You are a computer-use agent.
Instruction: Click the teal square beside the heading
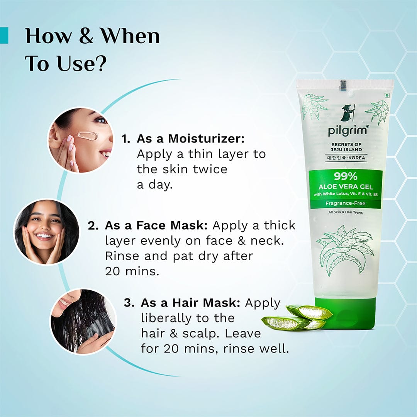4,36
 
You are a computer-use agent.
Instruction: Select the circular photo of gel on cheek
80,140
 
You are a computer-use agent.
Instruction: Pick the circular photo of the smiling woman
46,232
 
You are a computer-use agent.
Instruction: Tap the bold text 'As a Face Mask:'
157,225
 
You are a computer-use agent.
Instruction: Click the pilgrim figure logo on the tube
347,113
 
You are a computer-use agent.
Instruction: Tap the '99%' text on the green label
346,177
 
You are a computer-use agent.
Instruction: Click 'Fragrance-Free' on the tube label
346,203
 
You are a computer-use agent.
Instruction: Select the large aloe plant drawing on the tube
345,251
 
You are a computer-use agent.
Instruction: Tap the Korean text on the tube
334,158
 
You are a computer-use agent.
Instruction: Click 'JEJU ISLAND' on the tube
346,150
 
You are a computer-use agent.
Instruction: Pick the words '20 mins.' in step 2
132,271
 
